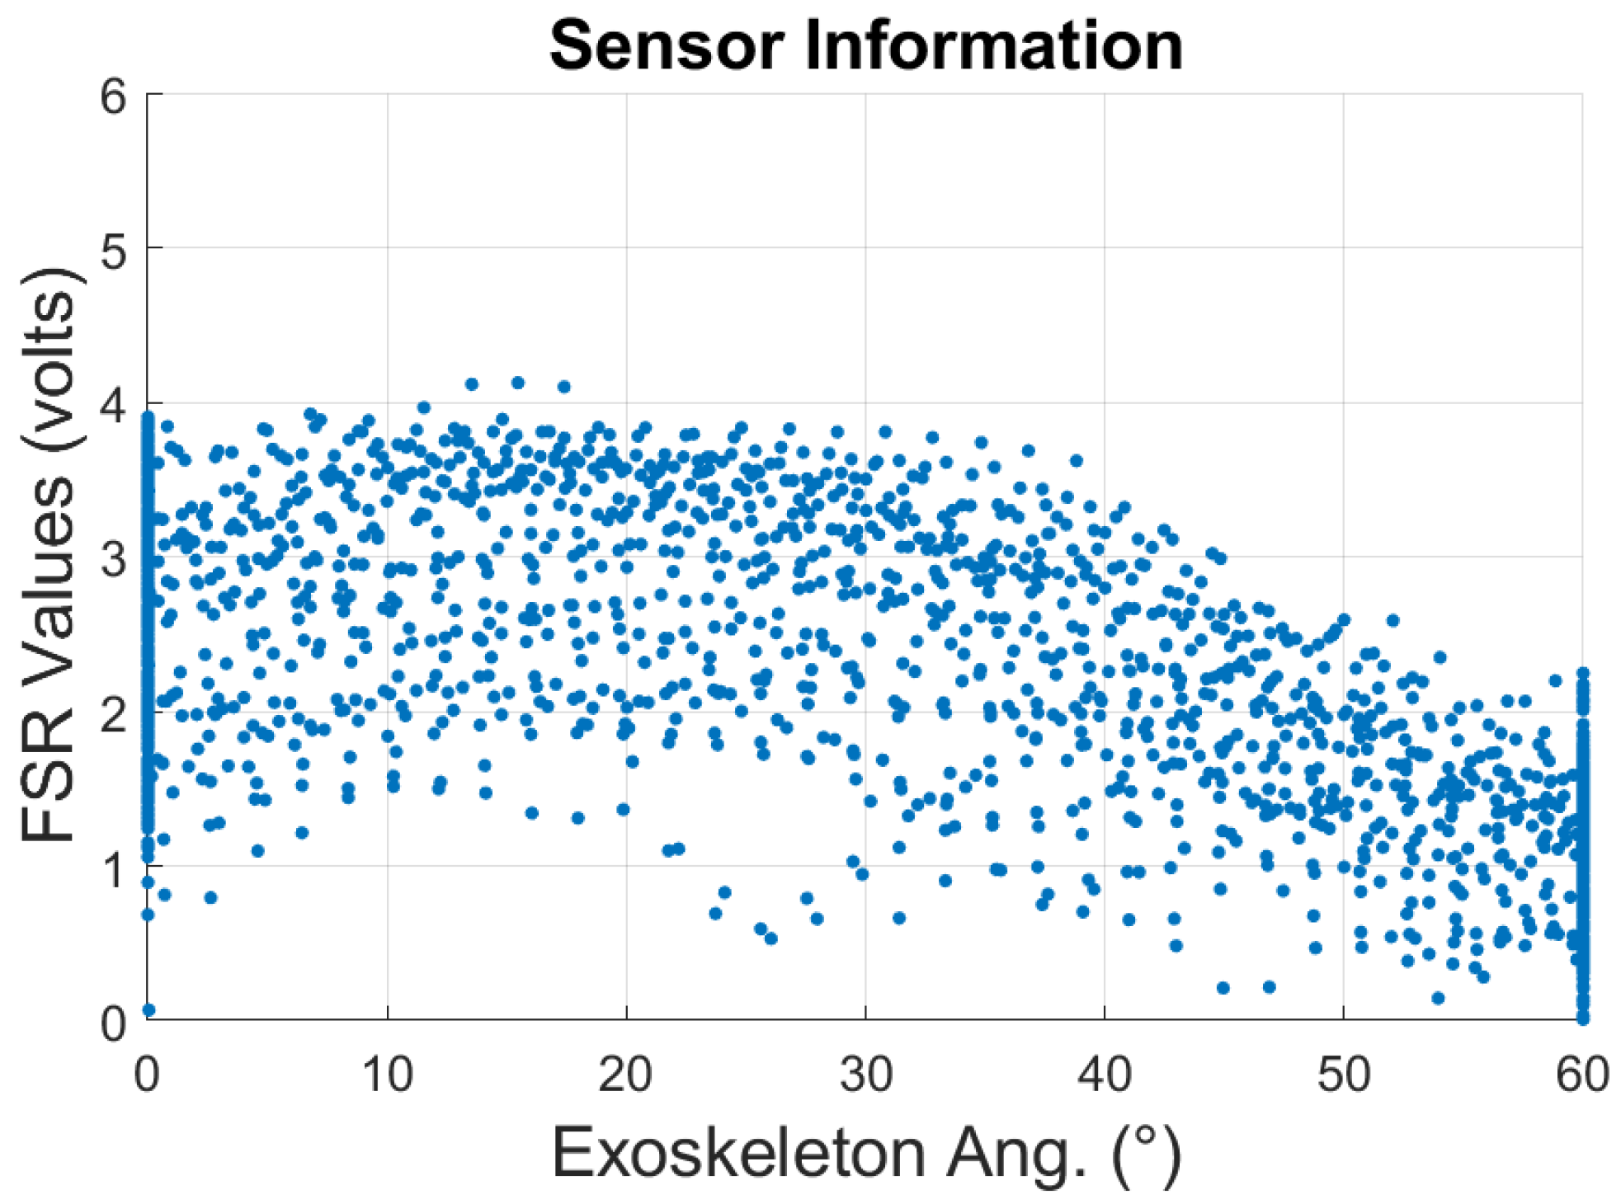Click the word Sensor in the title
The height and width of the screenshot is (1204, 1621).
[665, 46]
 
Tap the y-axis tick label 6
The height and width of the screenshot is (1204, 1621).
[114, 97]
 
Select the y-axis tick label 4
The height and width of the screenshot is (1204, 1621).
[114, 405]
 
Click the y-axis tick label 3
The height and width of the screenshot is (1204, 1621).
[114, 559]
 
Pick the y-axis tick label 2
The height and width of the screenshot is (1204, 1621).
[114, 713]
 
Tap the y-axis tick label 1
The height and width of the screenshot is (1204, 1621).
[114, 868]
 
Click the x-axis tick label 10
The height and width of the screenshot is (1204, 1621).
[387, 1075]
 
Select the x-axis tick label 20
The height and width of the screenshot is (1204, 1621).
[625, 1075]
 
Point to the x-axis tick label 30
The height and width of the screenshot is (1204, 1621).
[865, 1075]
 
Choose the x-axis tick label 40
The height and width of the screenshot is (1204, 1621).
[1105, 1075]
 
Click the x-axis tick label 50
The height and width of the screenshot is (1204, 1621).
[1343, 1075]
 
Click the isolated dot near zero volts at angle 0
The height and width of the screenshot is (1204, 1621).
[149, 1009]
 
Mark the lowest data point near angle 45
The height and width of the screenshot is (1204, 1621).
[1223, 987]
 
